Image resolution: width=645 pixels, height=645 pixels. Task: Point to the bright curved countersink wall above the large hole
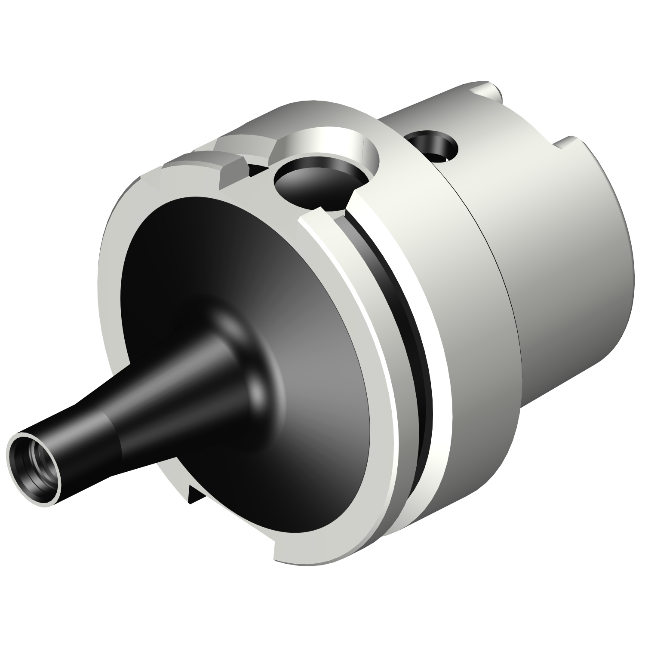(x=327, y=140)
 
